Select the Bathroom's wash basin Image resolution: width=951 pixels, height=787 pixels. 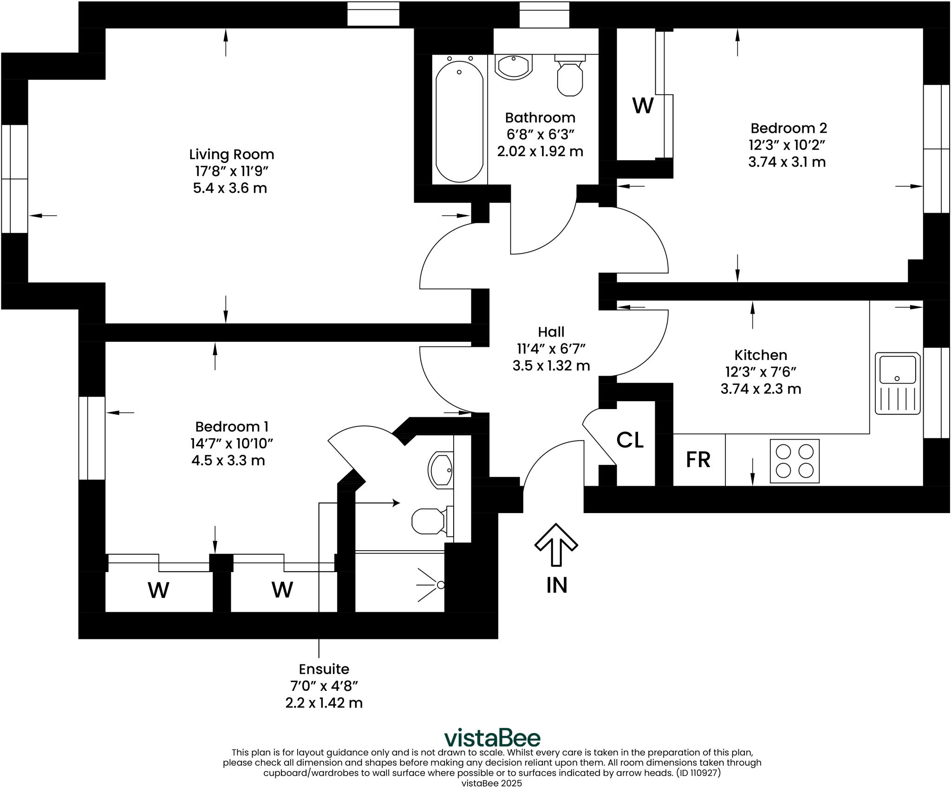(x=514, y=67)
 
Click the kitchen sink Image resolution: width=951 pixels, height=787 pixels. (x=898, y=383)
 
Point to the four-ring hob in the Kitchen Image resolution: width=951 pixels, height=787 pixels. (x=795, y=461)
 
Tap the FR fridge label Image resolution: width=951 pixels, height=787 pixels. (x=698, y=460)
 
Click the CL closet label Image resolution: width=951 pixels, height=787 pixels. (x=630, y=440)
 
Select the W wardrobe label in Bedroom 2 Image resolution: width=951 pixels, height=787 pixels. (x=643, y=106)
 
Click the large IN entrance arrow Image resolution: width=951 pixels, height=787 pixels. (x=556, y=544)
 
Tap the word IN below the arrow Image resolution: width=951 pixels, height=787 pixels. (x=557, y=585)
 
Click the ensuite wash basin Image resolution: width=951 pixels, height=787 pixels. (x=440, y=470)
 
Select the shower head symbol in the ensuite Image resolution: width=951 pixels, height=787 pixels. (x=432, y=585)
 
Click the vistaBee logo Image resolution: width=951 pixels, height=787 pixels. (x=492, y=738)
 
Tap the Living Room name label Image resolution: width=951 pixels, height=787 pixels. (x=231, y=154)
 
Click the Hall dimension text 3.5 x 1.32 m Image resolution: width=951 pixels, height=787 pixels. (x=551, y=366)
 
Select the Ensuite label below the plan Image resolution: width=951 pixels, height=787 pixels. (x=324, y=669)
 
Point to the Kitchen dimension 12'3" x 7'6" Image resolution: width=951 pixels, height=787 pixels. (x=761, y=372)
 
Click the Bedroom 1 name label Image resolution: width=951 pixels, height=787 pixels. (x=231, y=427)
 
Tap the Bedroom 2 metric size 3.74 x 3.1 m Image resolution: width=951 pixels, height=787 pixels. (x=787, y=162)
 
